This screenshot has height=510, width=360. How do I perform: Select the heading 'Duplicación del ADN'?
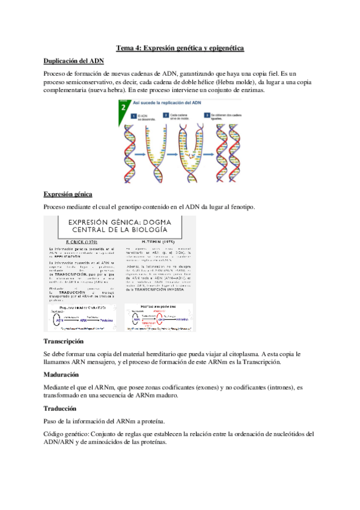(x=74, y=61)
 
